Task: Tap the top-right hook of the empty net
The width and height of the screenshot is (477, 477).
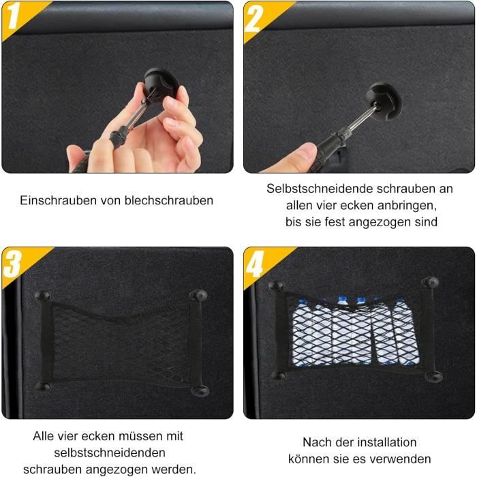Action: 199,296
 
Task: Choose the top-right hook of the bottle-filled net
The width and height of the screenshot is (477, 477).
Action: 429,282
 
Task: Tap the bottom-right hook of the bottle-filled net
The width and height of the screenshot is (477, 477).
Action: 431,376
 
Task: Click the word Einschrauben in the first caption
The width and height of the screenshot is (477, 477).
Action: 52,200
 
